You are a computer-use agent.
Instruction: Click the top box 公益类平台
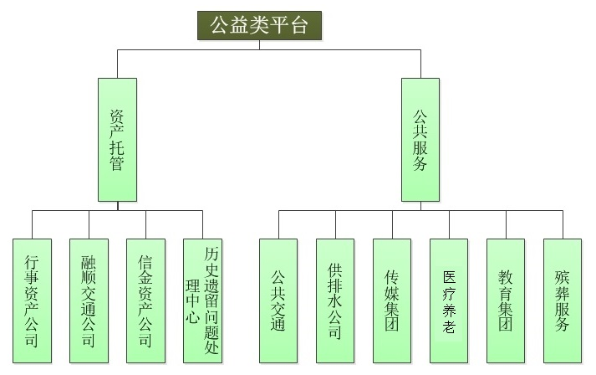point(259,25)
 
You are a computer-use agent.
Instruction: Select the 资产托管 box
point(117,139)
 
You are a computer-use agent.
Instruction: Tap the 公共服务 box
point(420,139)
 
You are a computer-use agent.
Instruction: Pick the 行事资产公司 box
point(32,301)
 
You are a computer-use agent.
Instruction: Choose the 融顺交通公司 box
point(89,301)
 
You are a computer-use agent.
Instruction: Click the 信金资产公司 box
point(145,301)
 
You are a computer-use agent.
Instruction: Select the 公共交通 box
point(278,301)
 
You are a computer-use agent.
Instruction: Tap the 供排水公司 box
point(335,301)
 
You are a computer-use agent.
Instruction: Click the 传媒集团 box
point(392,301)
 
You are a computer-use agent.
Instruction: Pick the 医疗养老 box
point(449,301)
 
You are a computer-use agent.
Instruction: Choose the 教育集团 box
point(506,301)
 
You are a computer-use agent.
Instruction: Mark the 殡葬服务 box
point(563,301)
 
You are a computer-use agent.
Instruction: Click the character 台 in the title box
point(299,25)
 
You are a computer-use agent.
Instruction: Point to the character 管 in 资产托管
point(117,164)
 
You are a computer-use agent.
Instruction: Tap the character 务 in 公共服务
point(420,164)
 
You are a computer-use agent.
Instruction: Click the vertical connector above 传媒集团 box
point(392,224)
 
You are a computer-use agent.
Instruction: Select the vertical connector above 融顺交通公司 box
point(89,224)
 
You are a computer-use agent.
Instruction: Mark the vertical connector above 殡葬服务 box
point(563,224)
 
